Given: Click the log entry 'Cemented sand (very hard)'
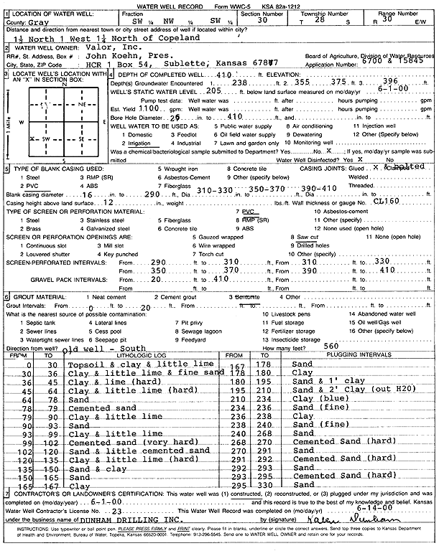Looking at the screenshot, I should click(x=124, y=442).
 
